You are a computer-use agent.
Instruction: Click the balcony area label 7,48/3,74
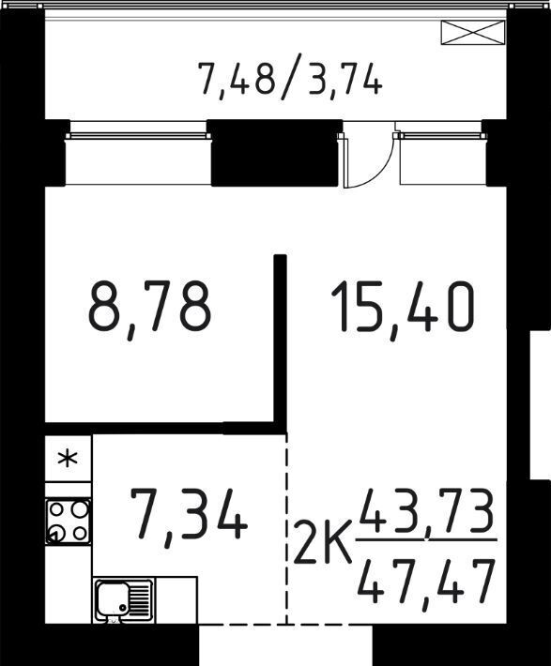pos(290,78)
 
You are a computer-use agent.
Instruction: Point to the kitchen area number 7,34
pos(190,516)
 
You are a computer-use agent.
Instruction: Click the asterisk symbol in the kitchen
pos(68,459)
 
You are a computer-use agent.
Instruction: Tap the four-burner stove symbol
pos(68,522)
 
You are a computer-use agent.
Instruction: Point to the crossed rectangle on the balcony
pos(473,33)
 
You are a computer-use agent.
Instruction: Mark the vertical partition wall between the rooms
pos(280,344)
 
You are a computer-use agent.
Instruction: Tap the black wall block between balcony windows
pos(277,153)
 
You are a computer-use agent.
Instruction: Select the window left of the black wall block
pos(138,153)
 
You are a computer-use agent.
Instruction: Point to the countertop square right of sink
pos(176,600)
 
